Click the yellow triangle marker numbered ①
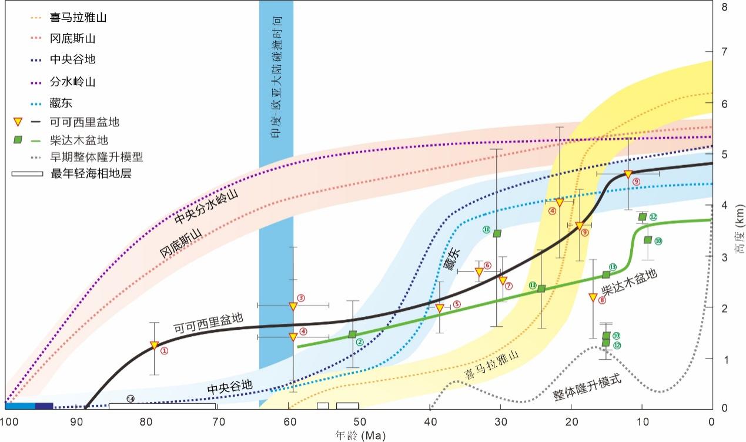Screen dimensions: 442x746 (154, 346)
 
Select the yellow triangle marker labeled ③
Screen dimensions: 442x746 (293, 306)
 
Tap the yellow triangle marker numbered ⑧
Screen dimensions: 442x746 (593, 297)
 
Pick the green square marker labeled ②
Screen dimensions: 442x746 (353, 334)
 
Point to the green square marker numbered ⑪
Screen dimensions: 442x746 (497, 233)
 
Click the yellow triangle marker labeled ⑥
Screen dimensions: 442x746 (479, 272)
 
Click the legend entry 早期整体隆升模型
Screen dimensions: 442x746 (97, 157)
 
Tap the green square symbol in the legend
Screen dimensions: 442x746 (18, 140)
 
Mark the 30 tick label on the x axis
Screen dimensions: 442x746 (500, 421)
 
